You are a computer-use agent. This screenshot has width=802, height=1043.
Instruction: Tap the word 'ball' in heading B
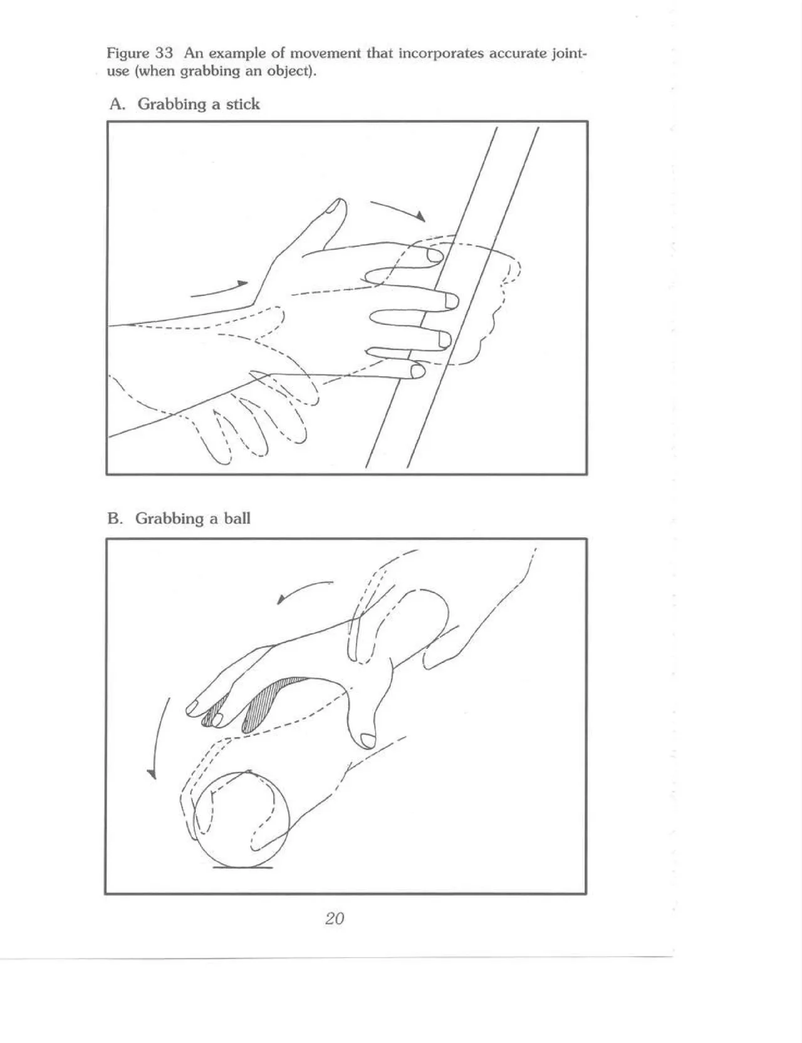237,518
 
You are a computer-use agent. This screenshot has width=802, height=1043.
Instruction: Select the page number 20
335,918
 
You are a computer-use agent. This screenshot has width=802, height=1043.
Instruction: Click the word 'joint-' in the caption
568,53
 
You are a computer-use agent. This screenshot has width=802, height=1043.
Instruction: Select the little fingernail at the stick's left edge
417,372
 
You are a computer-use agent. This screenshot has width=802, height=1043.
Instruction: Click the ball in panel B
242,818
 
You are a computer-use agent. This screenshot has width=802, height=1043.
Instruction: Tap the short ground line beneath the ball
242,867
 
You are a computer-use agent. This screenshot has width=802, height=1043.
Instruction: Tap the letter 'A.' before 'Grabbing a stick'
117,104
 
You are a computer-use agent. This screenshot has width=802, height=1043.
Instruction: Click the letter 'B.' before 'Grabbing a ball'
115,518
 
